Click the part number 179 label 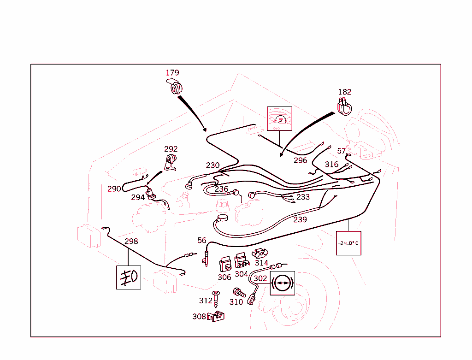click(172, 73)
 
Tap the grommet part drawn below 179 click(175, 87)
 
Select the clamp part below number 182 click(344, 107)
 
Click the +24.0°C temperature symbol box click(348, 243)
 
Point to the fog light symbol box click(129, 277)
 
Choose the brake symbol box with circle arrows click(282, 283)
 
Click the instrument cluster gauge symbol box click(279, 119)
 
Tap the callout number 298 click(131, 241)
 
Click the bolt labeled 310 click(238, 292)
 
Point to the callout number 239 click(300, 219)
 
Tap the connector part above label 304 click(241, 260)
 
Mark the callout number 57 click(341, 151)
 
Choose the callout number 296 click(301, 160)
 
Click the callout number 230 click(213, 165)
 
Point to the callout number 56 click(202, 240)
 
